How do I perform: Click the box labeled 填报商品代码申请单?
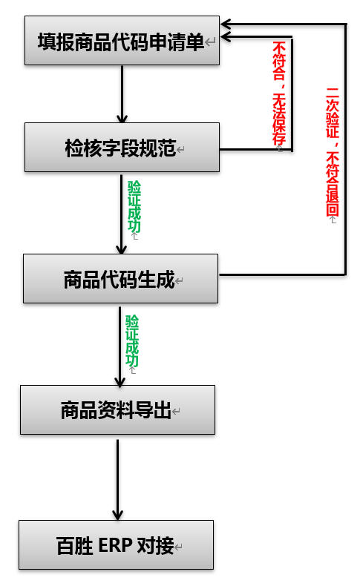coord(122,42)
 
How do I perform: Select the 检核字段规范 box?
coord(122,148)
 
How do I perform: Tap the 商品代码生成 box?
coord(120,279)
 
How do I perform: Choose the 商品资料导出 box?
coord(117,409)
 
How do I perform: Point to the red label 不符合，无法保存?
coord(279,93)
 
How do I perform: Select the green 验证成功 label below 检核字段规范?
coord(134,207)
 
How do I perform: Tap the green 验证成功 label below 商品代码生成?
coord(131,340)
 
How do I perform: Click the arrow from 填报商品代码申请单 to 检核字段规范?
coord(122,93)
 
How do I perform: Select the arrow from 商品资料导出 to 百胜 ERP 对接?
coord(117,478)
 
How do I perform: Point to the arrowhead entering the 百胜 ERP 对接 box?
coord(117,513)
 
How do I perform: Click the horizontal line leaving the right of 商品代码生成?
coord(282,274)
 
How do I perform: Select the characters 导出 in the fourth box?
coord(156,410)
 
